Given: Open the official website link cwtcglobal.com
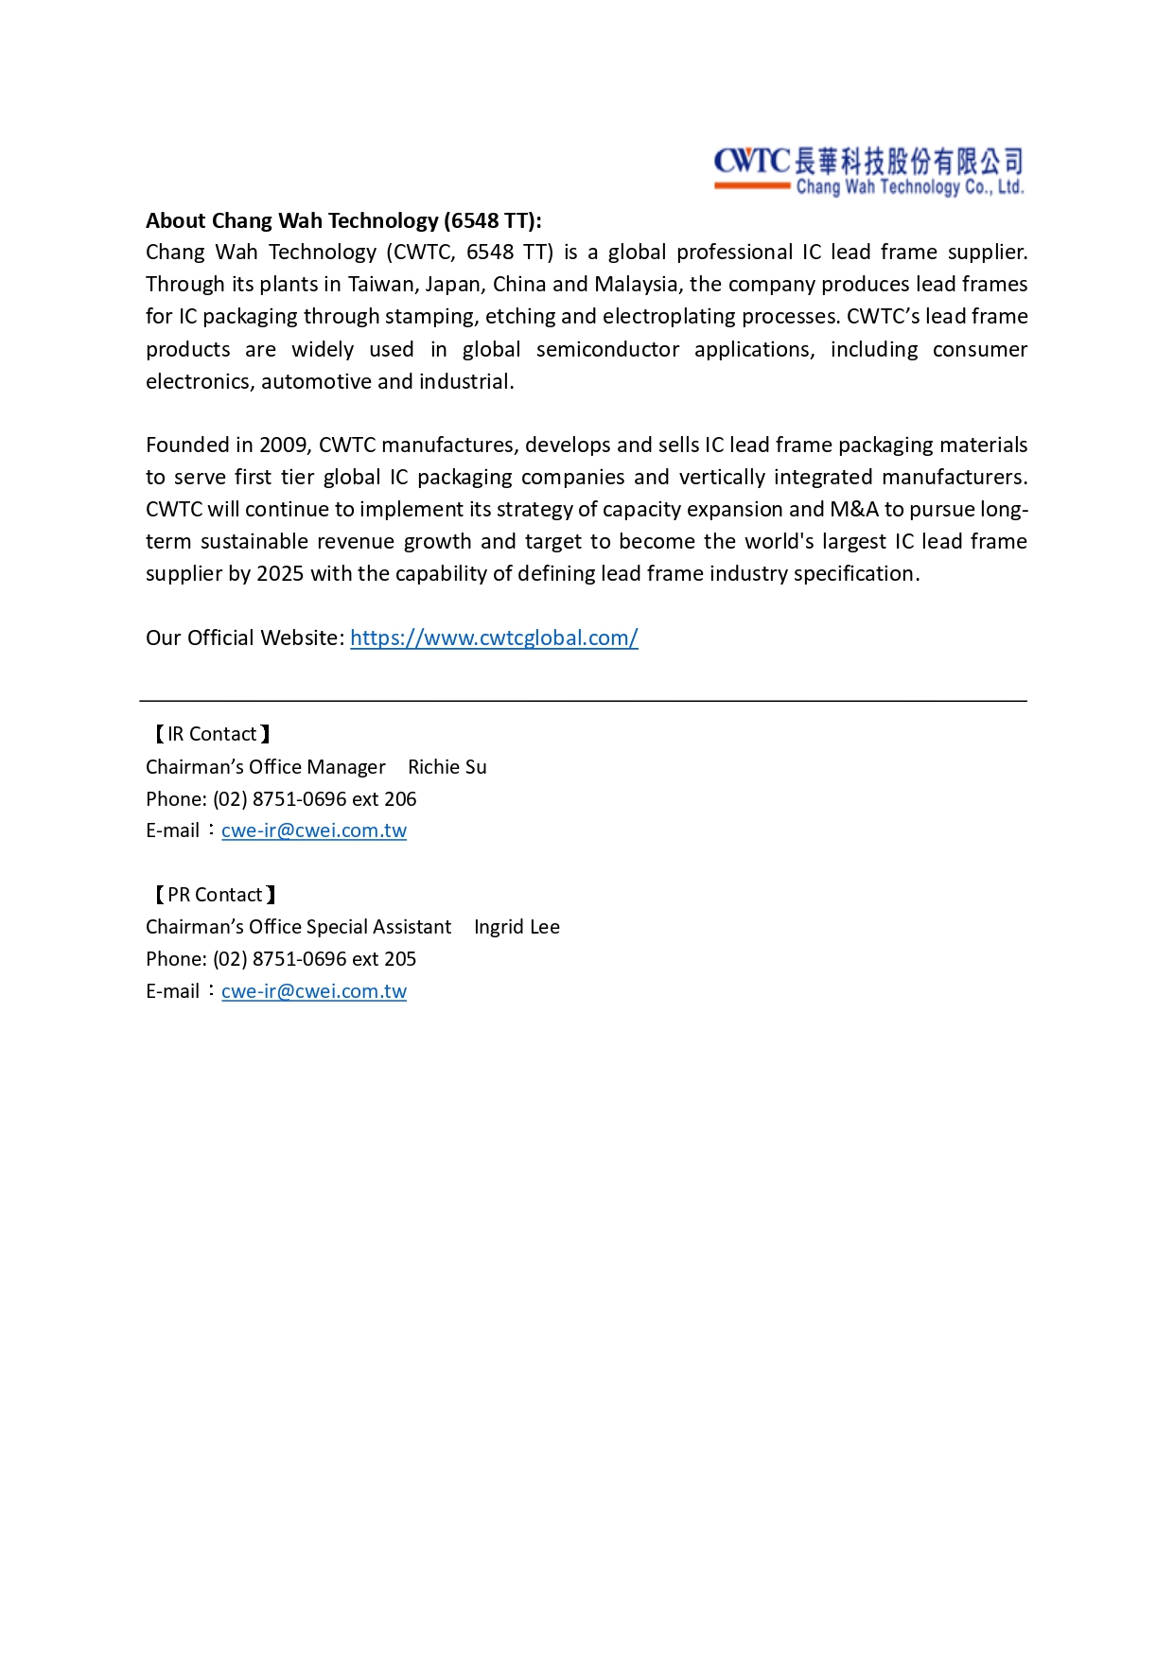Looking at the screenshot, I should click(x=494, y=638).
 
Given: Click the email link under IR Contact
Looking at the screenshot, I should click(x=314, y=830).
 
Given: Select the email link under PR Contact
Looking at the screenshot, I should click(x=314, y=991).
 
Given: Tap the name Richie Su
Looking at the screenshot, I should click(x=447, y=767).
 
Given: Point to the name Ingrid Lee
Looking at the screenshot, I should click(x=517, y=927).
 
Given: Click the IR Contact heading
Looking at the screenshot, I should click(x=212, y=735).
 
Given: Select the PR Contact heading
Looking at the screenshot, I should click(x=215, y=895).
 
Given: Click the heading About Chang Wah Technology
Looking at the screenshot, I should click(x=343, y=221).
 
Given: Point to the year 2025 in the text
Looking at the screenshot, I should click(x=280, y=574).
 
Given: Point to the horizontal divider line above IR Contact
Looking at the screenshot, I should click(x=583, y=701).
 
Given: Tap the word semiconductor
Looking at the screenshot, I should click(x=607, y=350).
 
